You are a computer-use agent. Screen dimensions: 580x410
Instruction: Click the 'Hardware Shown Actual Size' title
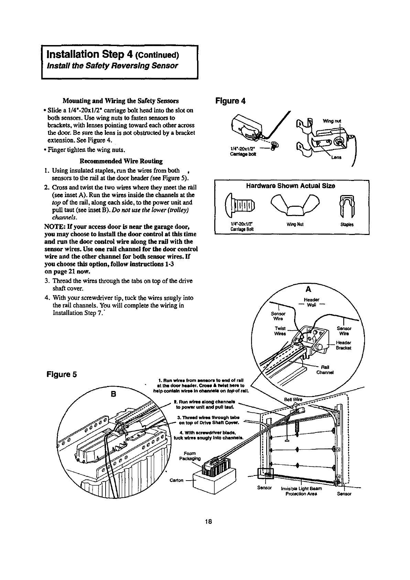point(291,186)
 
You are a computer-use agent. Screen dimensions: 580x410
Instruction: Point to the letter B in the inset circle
point(112,394)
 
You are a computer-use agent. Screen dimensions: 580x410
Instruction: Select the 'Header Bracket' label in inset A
point(343,345)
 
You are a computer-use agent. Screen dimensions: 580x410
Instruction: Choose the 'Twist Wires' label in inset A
point(280,331)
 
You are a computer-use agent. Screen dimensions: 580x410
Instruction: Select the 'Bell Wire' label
point(291,400)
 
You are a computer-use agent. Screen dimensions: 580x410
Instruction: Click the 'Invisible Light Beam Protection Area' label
point(301,491)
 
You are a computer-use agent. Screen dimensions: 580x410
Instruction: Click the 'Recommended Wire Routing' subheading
point(121,161)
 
